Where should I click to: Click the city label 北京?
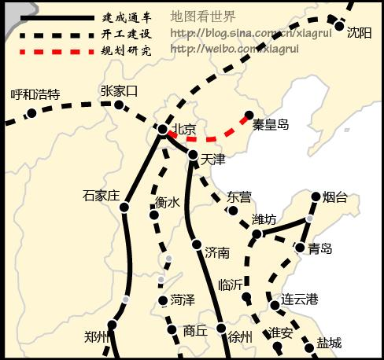pos(185,129)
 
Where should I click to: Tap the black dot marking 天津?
pos(194,155)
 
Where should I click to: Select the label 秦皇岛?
pos(271,123)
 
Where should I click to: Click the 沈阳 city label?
pos(359,32)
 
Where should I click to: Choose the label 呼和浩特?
pos(35,94)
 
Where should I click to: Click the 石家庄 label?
pos(100,195)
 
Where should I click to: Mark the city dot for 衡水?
pos(155,212)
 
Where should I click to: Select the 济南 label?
pos(217,252)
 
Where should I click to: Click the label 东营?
pos(239,196)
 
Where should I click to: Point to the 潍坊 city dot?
pos(257,234)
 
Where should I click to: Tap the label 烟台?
pos(335,197)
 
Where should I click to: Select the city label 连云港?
pos(300,299)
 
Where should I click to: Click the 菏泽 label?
pos(183,299)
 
